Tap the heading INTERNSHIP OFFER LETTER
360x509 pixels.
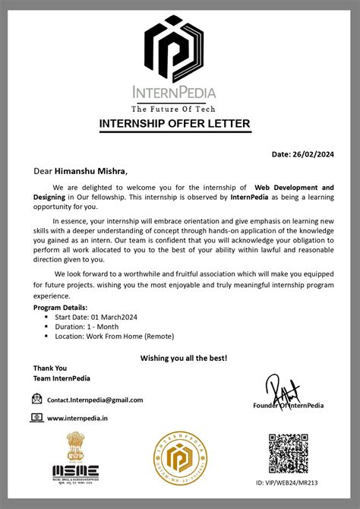[180, 124]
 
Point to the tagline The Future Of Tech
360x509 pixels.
[180, 108]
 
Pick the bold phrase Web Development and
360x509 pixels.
[294, 187]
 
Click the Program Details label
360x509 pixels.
[61, 307]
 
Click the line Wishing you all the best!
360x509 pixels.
[184, 357]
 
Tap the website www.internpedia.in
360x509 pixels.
[77, 418]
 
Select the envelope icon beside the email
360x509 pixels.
[37, 399]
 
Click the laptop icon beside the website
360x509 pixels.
[37, 417]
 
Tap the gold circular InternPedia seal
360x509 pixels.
[180, 460]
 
